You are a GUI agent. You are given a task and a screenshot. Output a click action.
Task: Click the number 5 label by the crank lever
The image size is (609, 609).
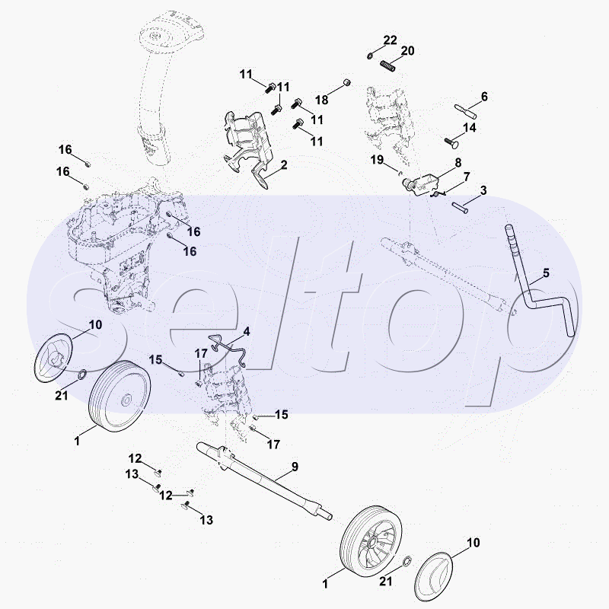[546, 273]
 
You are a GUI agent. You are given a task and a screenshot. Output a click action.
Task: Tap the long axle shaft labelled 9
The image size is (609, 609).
[266, 480]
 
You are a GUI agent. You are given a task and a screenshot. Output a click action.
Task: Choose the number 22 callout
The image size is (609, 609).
[390, 40]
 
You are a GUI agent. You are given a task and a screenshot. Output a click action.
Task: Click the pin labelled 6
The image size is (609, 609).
[465, 108]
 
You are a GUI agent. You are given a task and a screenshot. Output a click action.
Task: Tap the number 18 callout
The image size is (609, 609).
[322, 100]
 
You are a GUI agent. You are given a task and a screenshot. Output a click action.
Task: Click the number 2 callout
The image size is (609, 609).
[283, 164]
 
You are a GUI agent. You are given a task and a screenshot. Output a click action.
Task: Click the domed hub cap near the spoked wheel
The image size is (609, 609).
[438, 576]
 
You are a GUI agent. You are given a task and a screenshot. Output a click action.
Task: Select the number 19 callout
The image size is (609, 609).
[376, 159]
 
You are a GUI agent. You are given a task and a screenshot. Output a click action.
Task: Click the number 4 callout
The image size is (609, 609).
[247, 332]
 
